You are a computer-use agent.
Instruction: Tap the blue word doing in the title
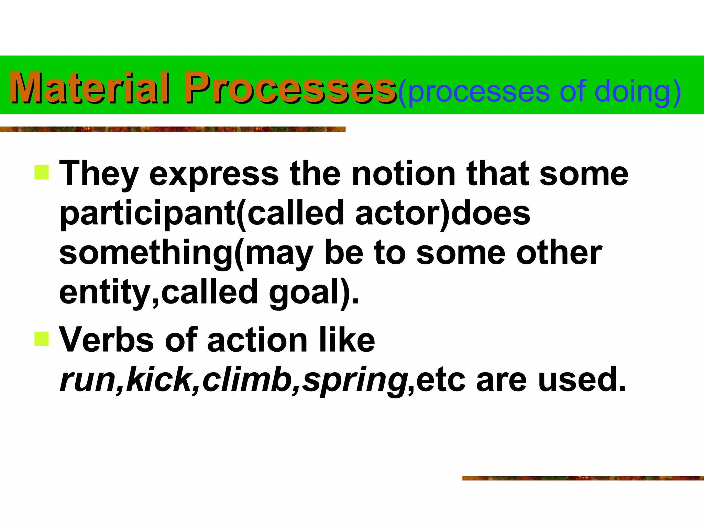pyautogui.click(x=632, y=92)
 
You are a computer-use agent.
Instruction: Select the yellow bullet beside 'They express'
pyautogui.click(x=42, y=172)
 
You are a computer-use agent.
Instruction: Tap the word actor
pyautogui.click(x=398, y=213)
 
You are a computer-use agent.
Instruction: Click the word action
pyautogui.click(x=257, y=340)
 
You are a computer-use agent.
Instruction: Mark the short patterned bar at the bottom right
pyautogui.click(x=582, y=478)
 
